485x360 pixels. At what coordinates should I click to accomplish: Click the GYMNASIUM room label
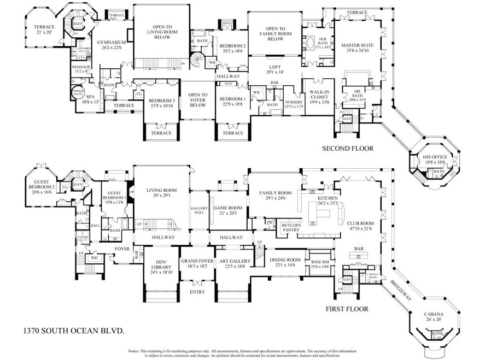(x=112, y=42)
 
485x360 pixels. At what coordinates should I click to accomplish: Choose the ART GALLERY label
(x=236, y=261)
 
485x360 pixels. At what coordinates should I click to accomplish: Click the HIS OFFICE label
(x=435, y=157)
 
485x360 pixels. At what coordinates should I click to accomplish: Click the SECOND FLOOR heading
(x=347, y=148)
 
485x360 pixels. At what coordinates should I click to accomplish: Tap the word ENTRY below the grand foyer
(x=197, y=292)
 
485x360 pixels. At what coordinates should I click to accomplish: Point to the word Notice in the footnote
(x=135, y=351)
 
